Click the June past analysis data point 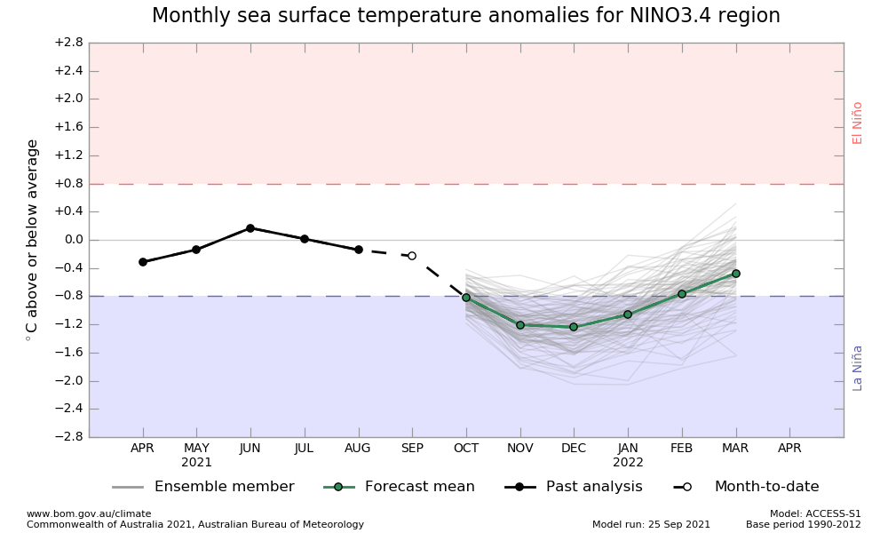click(x=250, y=228)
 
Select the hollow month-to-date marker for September click(x=412, y=256)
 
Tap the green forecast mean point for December click(x=574, y=327)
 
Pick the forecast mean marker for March click(x=735, y=274)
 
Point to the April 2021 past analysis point click(x=143, y=262)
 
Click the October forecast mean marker click(x=466, y=298)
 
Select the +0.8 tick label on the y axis click(x=68, y=184)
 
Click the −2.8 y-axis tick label click(x=68, y=437)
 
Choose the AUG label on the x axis click(x=358, y=449)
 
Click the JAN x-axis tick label click(x=628, y=449)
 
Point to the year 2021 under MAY click(x=196, y=463)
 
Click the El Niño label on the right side click(x=858, y=123)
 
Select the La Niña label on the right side click(x=858, y=368)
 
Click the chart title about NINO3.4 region click(x=466, y=16)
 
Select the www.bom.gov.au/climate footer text click(x=89, y=513)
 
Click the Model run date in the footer click(x=651, y=524)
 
